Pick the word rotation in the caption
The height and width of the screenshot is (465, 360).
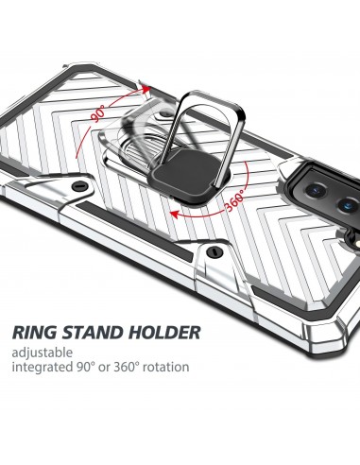tap(164, 366)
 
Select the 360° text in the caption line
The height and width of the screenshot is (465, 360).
tap(128, 366)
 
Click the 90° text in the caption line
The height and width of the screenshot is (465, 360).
tap(91, 366)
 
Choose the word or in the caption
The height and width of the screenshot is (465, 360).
tap(108, 366)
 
